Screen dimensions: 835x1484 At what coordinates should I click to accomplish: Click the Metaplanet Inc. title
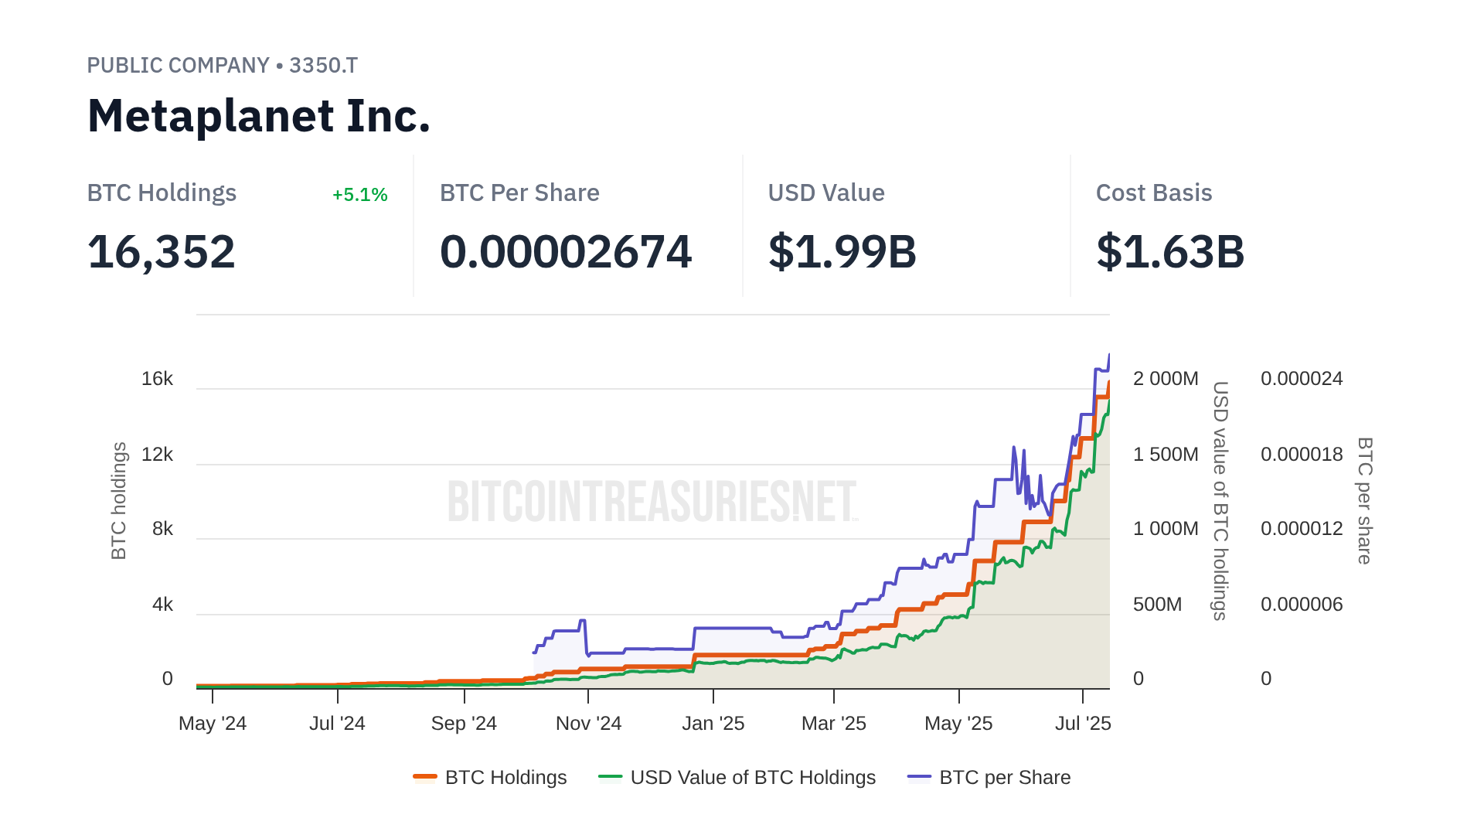point(258,116)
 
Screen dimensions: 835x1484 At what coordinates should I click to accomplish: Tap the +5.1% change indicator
point(359,195)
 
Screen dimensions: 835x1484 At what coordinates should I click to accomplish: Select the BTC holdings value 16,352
point(161,252)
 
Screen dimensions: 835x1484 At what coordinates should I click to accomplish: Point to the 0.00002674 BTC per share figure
point(565,252)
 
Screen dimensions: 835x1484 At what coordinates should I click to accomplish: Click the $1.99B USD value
point(842,252)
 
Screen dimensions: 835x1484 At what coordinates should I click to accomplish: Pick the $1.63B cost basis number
point(1169,252)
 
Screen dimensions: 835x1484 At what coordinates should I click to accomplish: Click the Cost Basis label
point(1153,193)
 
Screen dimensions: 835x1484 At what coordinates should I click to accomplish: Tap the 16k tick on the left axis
point(157,379)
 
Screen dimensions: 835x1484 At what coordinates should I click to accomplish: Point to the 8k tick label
point(162,529)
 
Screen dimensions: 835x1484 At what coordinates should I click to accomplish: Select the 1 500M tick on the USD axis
point(1165,455)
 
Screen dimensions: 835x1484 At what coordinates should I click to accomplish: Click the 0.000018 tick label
point(1301,455)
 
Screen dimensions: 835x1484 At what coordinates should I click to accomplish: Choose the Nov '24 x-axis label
point(588,724)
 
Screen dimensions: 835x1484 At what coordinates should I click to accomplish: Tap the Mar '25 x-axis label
point(833,724)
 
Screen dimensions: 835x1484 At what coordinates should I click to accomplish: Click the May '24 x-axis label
point(213,724)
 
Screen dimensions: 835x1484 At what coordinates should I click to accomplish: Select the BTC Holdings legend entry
point(491,778)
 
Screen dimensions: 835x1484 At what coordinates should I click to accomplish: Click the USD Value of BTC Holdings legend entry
point(738,778)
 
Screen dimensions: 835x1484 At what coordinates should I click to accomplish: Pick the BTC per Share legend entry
point(990,778)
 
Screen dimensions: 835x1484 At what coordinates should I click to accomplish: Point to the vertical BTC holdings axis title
point(119,501)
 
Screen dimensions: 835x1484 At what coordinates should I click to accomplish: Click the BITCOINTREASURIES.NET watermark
point(652,501)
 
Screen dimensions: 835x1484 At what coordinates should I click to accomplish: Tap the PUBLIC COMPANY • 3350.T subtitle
point(222,66)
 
